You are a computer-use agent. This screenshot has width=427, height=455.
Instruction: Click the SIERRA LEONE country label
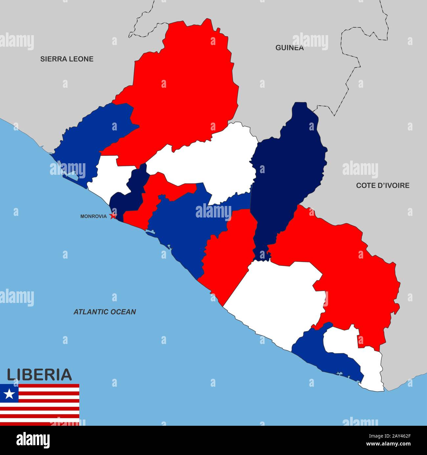point(67,59)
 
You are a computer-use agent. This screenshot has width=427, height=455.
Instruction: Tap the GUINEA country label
point(289,48)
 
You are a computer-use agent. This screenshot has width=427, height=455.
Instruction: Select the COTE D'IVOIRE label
point(383,185)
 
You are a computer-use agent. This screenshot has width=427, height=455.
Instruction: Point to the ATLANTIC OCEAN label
point(104,312)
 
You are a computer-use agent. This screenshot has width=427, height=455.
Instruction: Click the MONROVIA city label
point(93,216)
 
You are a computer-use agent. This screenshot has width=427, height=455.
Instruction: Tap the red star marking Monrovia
point(113,216)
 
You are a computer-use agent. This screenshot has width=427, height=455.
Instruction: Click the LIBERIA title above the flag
point(39,375)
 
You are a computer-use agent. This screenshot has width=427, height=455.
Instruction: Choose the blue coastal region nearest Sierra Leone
point(89,138)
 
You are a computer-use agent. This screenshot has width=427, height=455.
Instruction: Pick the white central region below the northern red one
point(213,161)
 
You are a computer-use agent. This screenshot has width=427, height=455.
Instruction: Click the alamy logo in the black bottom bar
point(33,440)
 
